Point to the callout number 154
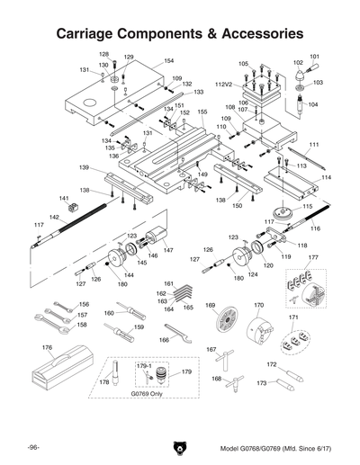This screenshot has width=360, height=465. click(x=168, y=61)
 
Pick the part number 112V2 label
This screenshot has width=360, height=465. click(x=224, y=84)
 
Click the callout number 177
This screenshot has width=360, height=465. click(x=313, y=257)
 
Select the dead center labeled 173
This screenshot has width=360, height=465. click(x=286, y=394)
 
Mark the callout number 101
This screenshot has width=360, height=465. click(x=314, y=57)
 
